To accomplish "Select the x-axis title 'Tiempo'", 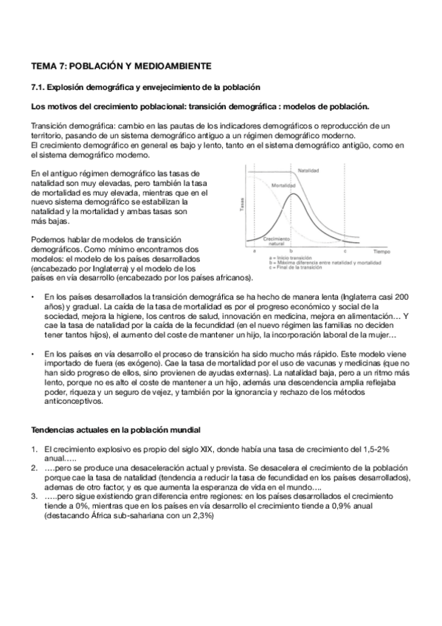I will (x=381, y=252).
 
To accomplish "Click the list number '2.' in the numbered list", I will (x=34, y=467).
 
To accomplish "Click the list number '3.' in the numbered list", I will (x=34, y=496).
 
